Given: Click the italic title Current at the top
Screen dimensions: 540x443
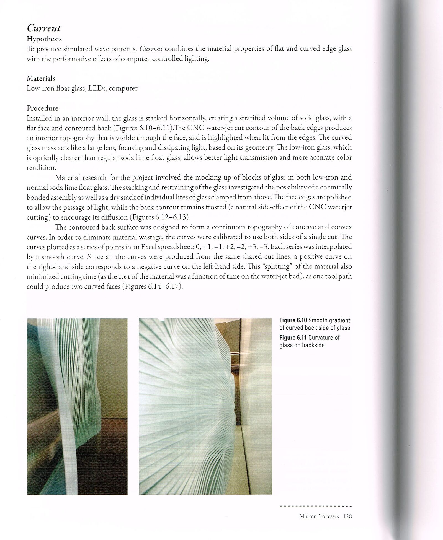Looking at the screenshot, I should tap(43, 28).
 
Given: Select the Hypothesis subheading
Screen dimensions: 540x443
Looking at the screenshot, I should tap(44, 39).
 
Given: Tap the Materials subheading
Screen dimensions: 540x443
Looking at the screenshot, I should tap(41, 79).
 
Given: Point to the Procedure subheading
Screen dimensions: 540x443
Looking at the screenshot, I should tap(42, 108).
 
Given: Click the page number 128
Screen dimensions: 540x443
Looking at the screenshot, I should tap(347, 516).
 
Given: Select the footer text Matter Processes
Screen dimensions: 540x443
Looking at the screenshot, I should tap(319, 516).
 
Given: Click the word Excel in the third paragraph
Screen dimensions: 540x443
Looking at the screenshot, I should tap(150, 247).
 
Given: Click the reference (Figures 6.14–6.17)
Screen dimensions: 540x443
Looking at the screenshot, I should tap(152, 286).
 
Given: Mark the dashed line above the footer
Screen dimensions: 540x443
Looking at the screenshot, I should tap(316, 506).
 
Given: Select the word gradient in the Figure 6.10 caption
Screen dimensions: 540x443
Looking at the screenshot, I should tap(340, 320).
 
